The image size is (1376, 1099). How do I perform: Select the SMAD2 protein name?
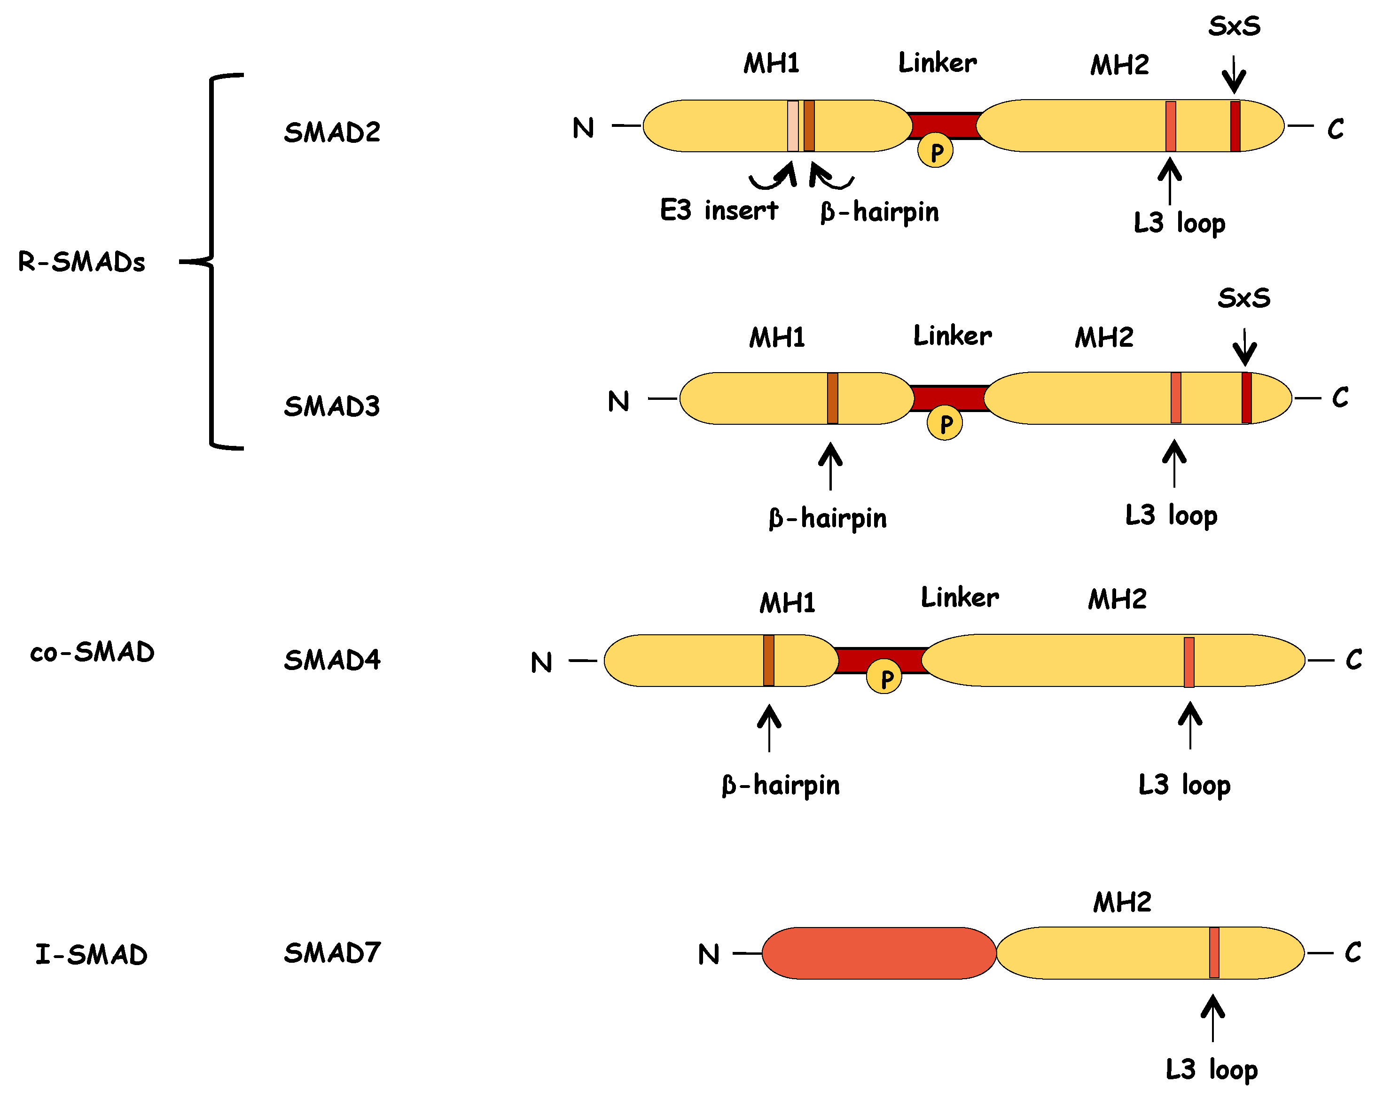[332, 132]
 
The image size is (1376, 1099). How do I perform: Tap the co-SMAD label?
[93, 652]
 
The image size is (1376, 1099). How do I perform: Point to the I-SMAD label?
[91, 954]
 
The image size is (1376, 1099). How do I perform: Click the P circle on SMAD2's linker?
[935, 151]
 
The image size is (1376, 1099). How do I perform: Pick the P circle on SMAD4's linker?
[884, 678]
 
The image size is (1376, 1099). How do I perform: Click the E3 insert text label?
[719, 210]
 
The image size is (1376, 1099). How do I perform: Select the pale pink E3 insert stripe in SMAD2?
[793, 126]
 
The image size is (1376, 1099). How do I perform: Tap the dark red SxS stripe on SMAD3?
[1246, 398]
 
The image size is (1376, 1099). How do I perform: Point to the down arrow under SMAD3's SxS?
[1244, 347]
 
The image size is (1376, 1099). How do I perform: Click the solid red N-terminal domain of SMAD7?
[878, 953]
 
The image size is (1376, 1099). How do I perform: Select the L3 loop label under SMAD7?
[1212, 1070]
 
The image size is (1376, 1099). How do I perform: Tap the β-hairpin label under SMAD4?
[781, 785]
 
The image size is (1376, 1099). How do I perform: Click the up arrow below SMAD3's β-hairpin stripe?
[830, 466]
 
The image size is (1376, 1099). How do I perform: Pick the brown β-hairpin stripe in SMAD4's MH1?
[768, 661]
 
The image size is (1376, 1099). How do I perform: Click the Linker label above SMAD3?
[952, 335]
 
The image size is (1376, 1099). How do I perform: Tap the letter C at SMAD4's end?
[1353, 660]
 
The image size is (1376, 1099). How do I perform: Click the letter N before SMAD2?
[583, 128]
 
